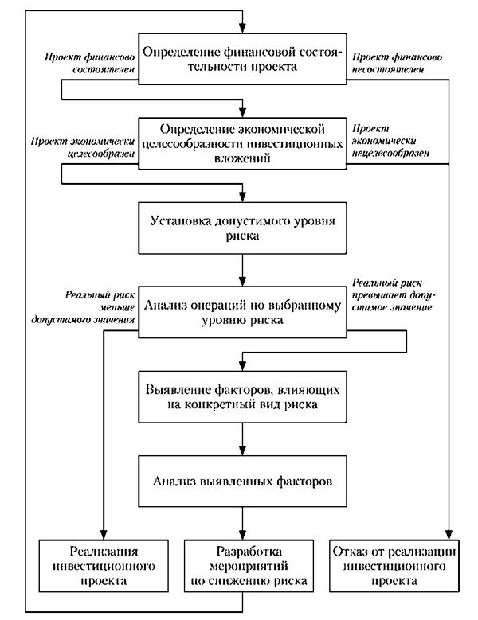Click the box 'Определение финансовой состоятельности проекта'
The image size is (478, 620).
(241, 60)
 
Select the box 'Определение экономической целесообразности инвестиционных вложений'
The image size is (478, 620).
(241, 143)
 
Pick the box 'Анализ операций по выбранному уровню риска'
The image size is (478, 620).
(241, 310)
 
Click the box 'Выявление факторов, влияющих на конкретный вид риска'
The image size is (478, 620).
(241, 396)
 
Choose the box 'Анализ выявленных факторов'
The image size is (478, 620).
(241, 481)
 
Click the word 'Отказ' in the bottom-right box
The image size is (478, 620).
(354, 552)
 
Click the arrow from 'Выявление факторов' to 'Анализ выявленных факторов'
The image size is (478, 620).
(241, 439)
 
